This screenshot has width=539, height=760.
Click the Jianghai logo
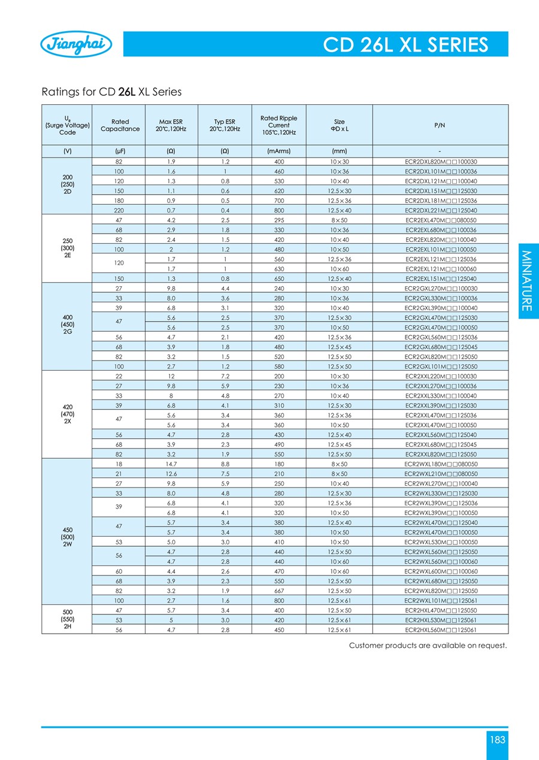click(x=75, y=45)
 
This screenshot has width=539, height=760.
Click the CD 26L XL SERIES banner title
click(x=405, y=45)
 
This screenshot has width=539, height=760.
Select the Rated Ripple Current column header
click(x=278, y=125)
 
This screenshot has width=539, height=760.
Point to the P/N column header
click(x=440, y=125)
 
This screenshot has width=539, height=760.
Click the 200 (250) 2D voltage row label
click(x=68, y=186)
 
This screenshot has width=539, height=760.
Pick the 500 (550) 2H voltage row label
click(x=68, y=620)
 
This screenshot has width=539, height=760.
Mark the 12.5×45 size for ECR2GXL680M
click(x=339, y=347)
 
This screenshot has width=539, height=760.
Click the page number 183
click(x=498, y=740)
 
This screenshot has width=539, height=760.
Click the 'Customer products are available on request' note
click(x=428, y=645)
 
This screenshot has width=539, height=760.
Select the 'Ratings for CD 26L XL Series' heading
click(x=111, y=92)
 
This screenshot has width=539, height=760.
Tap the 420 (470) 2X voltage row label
click(x=68, y=414)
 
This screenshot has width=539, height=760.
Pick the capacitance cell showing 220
click(x=120, y=211)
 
